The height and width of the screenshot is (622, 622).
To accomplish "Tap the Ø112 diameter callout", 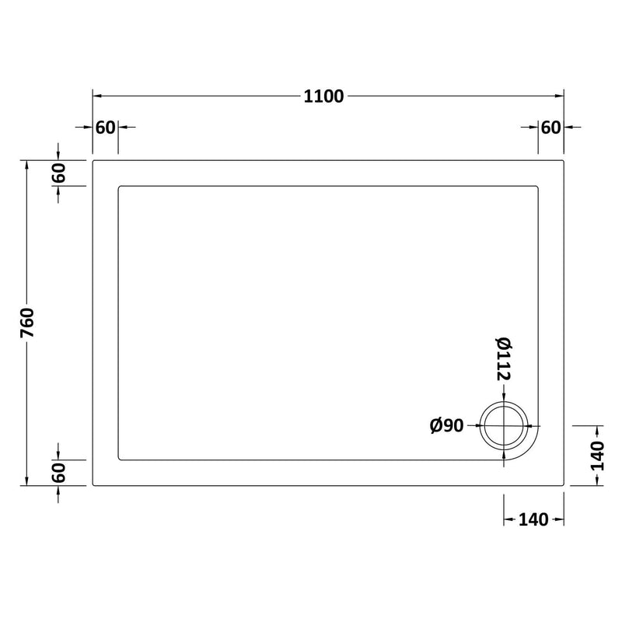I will tap(501, 359).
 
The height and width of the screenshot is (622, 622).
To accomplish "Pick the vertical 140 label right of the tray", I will tap(596, 456).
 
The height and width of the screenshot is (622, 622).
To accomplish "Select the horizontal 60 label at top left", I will tap(105, 128).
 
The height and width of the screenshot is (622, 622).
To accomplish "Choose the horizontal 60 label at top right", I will tap(550, 128).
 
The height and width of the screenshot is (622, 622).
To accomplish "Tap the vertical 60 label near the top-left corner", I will tap(59, 173).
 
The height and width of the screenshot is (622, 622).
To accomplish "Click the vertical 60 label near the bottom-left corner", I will tap(59, 472).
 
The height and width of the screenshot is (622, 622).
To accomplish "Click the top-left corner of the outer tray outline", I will tap(94, 162).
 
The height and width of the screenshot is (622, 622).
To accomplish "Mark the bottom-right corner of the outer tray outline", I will tap(563, 485).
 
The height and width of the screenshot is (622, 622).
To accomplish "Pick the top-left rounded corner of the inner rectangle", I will tap(119, 187).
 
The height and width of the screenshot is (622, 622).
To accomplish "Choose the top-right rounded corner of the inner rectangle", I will tap(537, 187).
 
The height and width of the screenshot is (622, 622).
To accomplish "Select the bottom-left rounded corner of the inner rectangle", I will tap(119, 459).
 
